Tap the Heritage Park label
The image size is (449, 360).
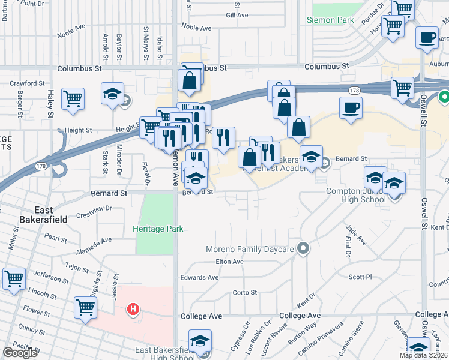[158, 229]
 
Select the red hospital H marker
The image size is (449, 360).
[134, 310]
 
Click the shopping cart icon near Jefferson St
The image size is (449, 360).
[14, 278]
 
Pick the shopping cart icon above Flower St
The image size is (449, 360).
[86, 307]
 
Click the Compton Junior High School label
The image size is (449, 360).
[355, 196]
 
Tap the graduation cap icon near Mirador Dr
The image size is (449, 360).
[112, 94]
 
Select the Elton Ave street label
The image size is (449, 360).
[229, 262]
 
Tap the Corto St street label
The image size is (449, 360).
[244, 293]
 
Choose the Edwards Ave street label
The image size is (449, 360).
[199, 277]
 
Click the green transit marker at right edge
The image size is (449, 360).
[445, 96]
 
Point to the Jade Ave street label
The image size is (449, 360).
[354, 234]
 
